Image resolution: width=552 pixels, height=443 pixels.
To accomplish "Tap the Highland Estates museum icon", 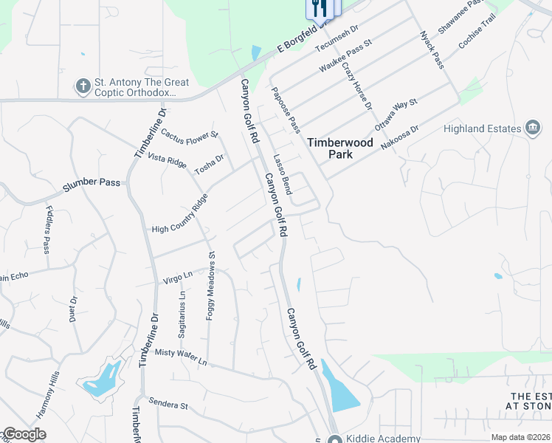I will [x=532, y=128].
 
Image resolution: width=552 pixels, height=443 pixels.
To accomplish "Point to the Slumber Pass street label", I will [x=91, y=185].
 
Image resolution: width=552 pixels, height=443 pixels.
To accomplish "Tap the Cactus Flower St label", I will [x=190, y=135].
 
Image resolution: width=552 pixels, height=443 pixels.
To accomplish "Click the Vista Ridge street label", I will [x=168, y=159].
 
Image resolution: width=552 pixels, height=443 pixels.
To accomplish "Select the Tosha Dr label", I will [x=209, y=164].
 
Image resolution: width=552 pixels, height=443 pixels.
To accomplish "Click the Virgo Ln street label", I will [x=177, y=278].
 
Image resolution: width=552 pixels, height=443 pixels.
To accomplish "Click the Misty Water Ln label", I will [x=181, y=357].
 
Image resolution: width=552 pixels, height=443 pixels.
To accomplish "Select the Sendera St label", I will [x=169, y=405].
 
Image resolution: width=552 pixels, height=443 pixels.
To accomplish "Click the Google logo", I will [x=24, y=434].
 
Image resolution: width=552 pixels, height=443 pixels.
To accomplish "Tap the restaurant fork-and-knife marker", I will [x=319, y=8].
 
